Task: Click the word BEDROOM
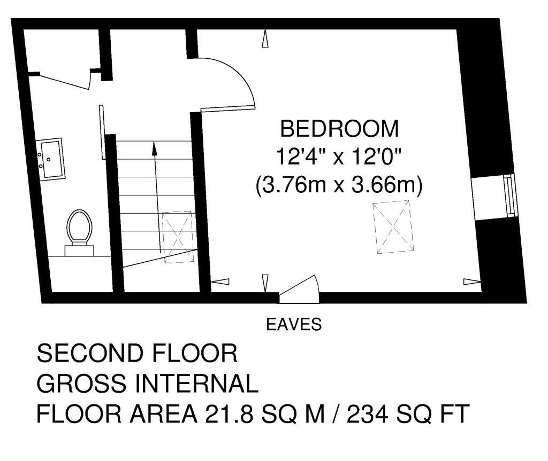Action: point(339,129)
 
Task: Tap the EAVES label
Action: point(294,324)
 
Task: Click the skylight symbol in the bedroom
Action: point(393,227)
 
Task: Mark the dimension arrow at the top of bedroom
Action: point(264,41)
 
